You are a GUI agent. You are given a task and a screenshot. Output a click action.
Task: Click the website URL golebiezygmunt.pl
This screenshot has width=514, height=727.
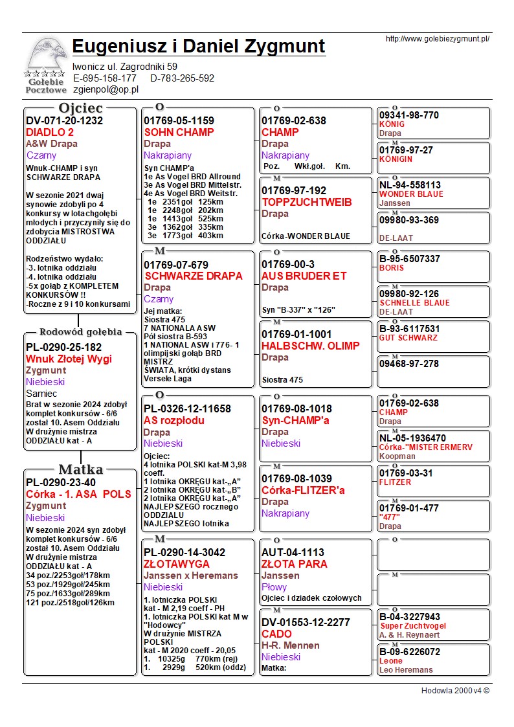438,39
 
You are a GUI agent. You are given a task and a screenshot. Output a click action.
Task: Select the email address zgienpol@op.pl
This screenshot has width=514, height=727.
106,90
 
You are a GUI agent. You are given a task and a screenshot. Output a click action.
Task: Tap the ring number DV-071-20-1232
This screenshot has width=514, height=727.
65,120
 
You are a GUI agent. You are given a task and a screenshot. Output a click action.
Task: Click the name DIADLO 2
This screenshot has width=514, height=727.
50,132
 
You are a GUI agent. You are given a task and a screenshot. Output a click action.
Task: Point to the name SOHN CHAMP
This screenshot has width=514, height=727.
179,132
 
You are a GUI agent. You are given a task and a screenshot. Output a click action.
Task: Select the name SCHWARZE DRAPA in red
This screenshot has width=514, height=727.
194,276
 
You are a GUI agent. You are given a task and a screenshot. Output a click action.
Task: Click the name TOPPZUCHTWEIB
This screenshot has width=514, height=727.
307,202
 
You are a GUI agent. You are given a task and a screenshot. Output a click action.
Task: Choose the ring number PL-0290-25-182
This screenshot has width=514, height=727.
64,347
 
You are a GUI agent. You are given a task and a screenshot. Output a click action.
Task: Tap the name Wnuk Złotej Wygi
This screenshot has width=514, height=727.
69,359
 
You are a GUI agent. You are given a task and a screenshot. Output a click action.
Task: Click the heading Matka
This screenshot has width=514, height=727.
80,469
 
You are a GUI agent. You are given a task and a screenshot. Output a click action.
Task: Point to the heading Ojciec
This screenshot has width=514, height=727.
80,107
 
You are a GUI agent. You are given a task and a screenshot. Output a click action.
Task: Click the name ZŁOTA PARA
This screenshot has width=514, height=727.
295,564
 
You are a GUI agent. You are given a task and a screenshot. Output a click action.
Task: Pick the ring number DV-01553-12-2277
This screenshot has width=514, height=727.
306,622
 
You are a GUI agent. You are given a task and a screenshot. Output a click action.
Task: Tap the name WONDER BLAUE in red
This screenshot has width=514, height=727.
411,194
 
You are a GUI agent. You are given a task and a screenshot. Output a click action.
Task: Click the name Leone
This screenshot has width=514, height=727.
391,661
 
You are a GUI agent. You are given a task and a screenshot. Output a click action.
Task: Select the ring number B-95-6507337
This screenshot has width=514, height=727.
410,259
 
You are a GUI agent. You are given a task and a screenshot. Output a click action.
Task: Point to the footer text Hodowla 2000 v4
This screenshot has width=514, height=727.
455,691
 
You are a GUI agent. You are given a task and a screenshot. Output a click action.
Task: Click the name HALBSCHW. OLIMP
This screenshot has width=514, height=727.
311,346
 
